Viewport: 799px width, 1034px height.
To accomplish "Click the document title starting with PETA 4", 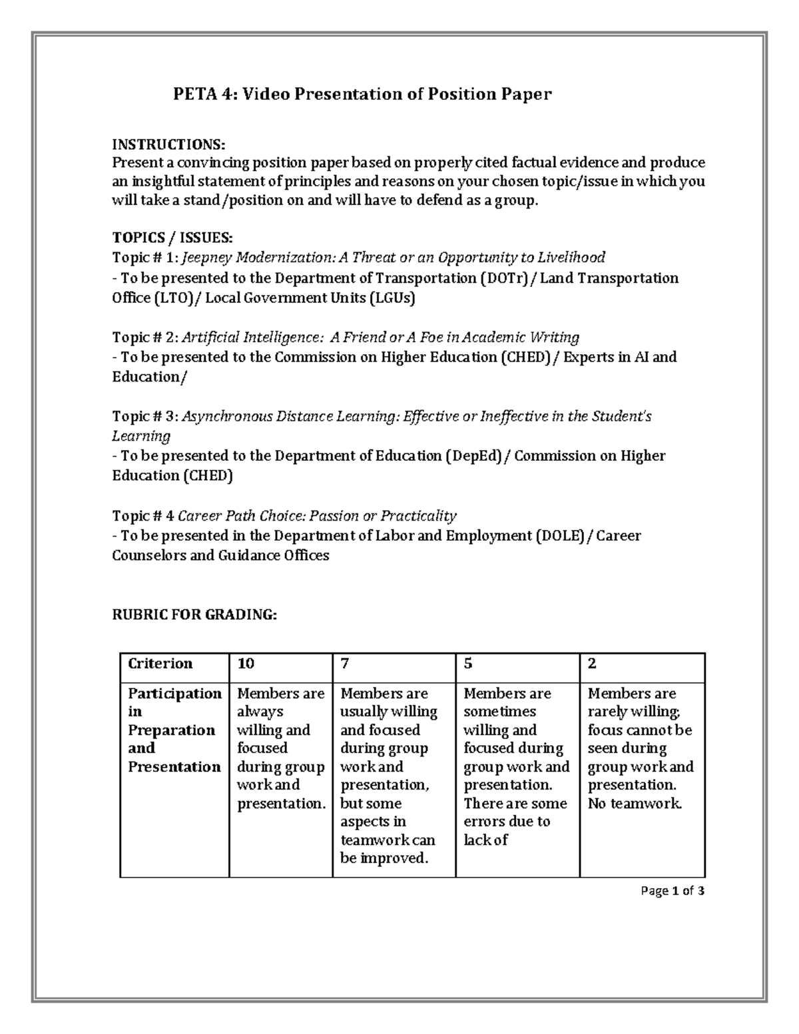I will [362, 95].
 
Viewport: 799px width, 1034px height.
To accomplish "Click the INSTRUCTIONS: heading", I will [168, 144].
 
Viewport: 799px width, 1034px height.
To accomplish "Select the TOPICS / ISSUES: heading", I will [172, 238].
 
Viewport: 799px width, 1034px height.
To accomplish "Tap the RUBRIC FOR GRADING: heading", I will [194, 615].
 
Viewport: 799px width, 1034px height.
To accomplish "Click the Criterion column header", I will [160, 664].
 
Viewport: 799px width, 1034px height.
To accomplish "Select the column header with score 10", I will [246, 664].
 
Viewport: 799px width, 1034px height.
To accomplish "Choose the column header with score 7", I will [345, 664].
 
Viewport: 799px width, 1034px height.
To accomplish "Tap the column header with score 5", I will [468, 664].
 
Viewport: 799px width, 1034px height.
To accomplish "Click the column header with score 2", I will [592, 664].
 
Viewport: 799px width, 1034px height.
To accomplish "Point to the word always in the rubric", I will [260, 712].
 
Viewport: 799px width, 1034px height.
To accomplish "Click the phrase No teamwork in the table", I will [635, 804].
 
